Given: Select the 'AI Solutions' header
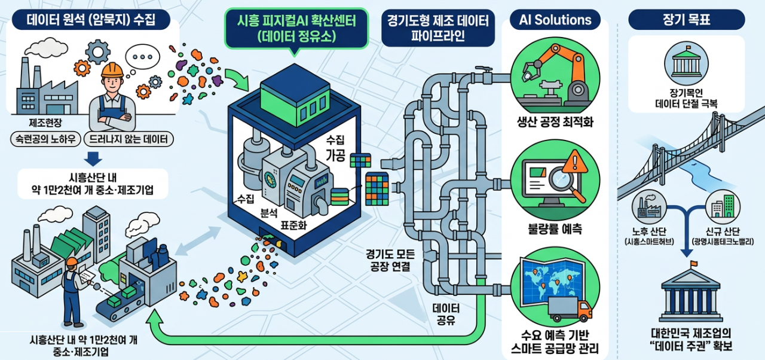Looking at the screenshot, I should click(555, 20).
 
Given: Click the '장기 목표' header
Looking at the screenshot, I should click(686, 20).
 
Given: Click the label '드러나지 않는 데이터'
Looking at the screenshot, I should click(129, 140).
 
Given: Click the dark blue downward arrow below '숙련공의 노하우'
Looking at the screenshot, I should click(93, 158).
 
